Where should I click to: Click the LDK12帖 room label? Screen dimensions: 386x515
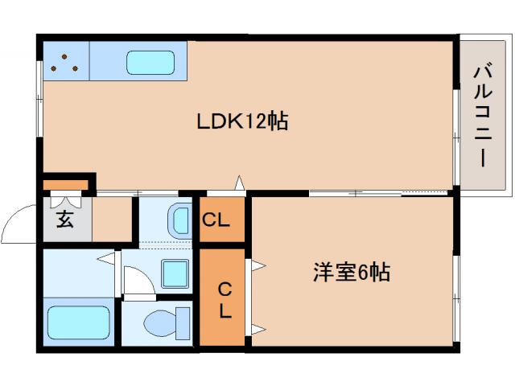point(242,122)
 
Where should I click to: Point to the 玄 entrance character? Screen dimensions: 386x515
point(64,218)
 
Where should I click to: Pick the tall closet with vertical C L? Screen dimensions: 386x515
point(221,298)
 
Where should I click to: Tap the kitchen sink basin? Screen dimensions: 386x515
point(150,62)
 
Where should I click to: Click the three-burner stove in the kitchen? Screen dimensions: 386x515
point(64,63)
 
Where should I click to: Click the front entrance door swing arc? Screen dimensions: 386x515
point(18,223)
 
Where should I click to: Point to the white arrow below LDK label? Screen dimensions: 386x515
point(239,183)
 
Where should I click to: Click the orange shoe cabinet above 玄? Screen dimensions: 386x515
point(68,184)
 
